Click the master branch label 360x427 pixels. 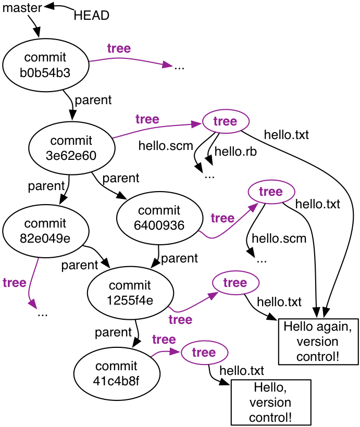click(x=22, y=8)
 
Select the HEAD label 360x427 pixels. click(x=92, y=16)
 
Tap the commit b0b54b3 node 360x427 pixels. click(x=45, y=65)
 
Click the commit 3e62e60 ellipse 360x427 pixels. click(x=71, y=148)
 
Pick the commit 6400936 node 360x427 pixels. click(x=159, y=218)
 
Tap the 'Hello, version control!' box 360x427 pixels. click(x=270, y=402)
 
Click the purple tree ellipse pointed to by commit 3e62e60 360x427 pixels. click(x=225, y=122)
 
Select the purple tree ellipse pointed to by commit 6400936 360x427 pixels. click(x=270, y=192)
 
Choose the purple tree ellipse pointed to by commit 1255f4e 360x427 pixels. click(x=235, y=283)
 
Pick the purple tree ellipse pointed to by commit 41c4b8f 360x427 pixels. click(x=204, y=353)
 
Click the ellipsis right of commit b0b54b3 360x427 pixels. click(x=180, y=67)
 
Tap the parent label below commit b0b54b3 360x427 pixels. click(x=93, y=100)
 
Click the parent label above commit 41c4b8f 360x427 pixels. click(x=113, y=332)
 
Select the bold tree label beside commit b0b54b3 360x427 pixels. click(x=119, y=48)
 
